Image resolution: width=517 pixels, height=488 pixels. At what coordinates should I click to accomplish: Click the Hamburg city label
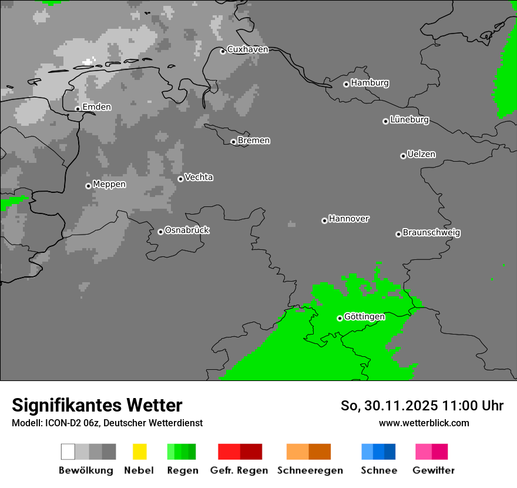(x=370, y=83)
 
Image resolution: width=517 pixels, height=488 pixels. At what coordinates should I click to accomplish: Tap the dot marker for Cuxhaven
(x=223, y=51)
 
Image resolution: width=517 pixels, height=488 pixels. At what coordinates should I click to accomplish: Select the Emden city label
(x=96, y=107)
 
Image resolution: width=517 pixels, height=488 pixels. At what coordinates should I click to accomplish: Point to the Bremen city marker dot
(x=233, y=142)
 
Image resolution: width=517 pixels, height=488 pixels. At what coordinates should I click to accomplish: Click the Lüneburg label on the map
(x=409, y=120)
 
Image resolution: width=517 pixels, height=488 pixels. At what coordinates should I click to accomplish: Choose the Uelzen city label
(x=421, y=155)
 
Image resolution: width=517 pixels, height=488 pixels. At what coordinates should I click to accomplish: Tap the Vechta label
(x=199, y=178)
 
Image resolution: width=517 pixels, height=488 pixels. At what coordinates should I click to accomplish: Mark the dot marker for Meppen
(x=88, y=186)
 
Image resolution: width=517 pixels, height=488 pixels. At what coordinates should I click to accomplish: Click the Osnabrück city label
(x=187, y=230)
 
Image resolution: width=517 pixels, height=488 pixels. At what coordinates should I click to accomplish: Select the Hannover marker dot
(x=324, y=220)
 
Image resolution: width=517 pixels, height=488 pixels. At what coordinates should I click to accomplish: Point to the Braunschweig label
(x=431, y=233)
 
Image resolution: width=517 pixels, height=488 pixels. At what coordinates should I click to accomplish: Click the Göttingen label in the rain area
(x=364, y=317)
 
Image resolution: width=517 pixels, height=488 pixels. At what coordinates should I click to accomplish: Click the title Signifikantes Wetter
(x=97, y=405)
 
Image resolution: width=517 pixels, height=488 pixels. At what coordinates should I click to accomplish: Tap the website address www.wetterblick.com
(x=424, y=423)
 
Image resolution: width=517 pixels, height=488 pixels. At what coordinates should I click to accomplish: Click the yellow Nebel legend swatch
(x=139, y=452)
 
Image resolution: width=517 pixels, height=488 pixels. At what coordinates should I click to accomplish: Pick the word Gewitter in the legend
(x=434, y=470)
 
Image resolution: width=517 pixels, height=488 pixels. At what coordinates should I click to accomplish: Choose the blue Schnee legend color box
(x=378, y=452)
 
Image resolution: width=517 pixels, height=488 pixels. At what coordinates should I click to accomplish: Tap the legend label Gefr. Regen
(x=239, y=470)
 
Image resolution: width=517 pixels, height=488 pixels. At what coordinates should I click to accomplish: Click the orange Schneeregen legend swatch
(x=308, y=452)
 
